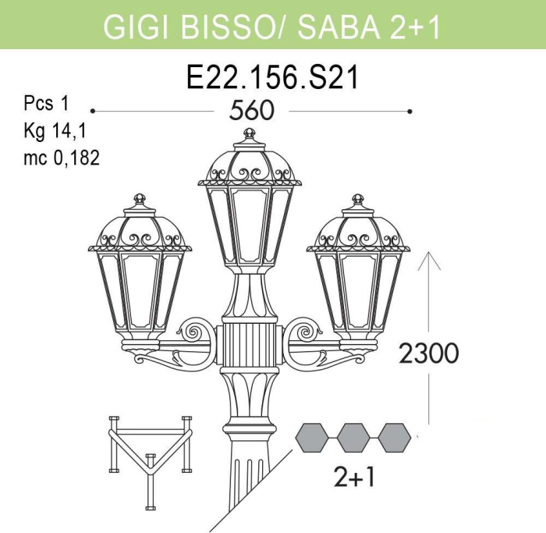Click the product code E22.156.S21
pos(272,77)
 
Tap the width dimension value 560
pos(252,111)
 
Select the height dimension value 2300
pos(429,353)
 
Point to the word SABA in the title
pos(339,27)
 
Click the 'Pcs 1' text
pos(47,104)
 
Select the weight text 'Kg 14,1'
pos(55,130)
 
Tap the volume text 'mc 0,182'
pos(62,158)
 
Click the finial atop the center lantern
pos(249,133)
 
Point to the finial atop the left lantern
pos(140,199)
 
